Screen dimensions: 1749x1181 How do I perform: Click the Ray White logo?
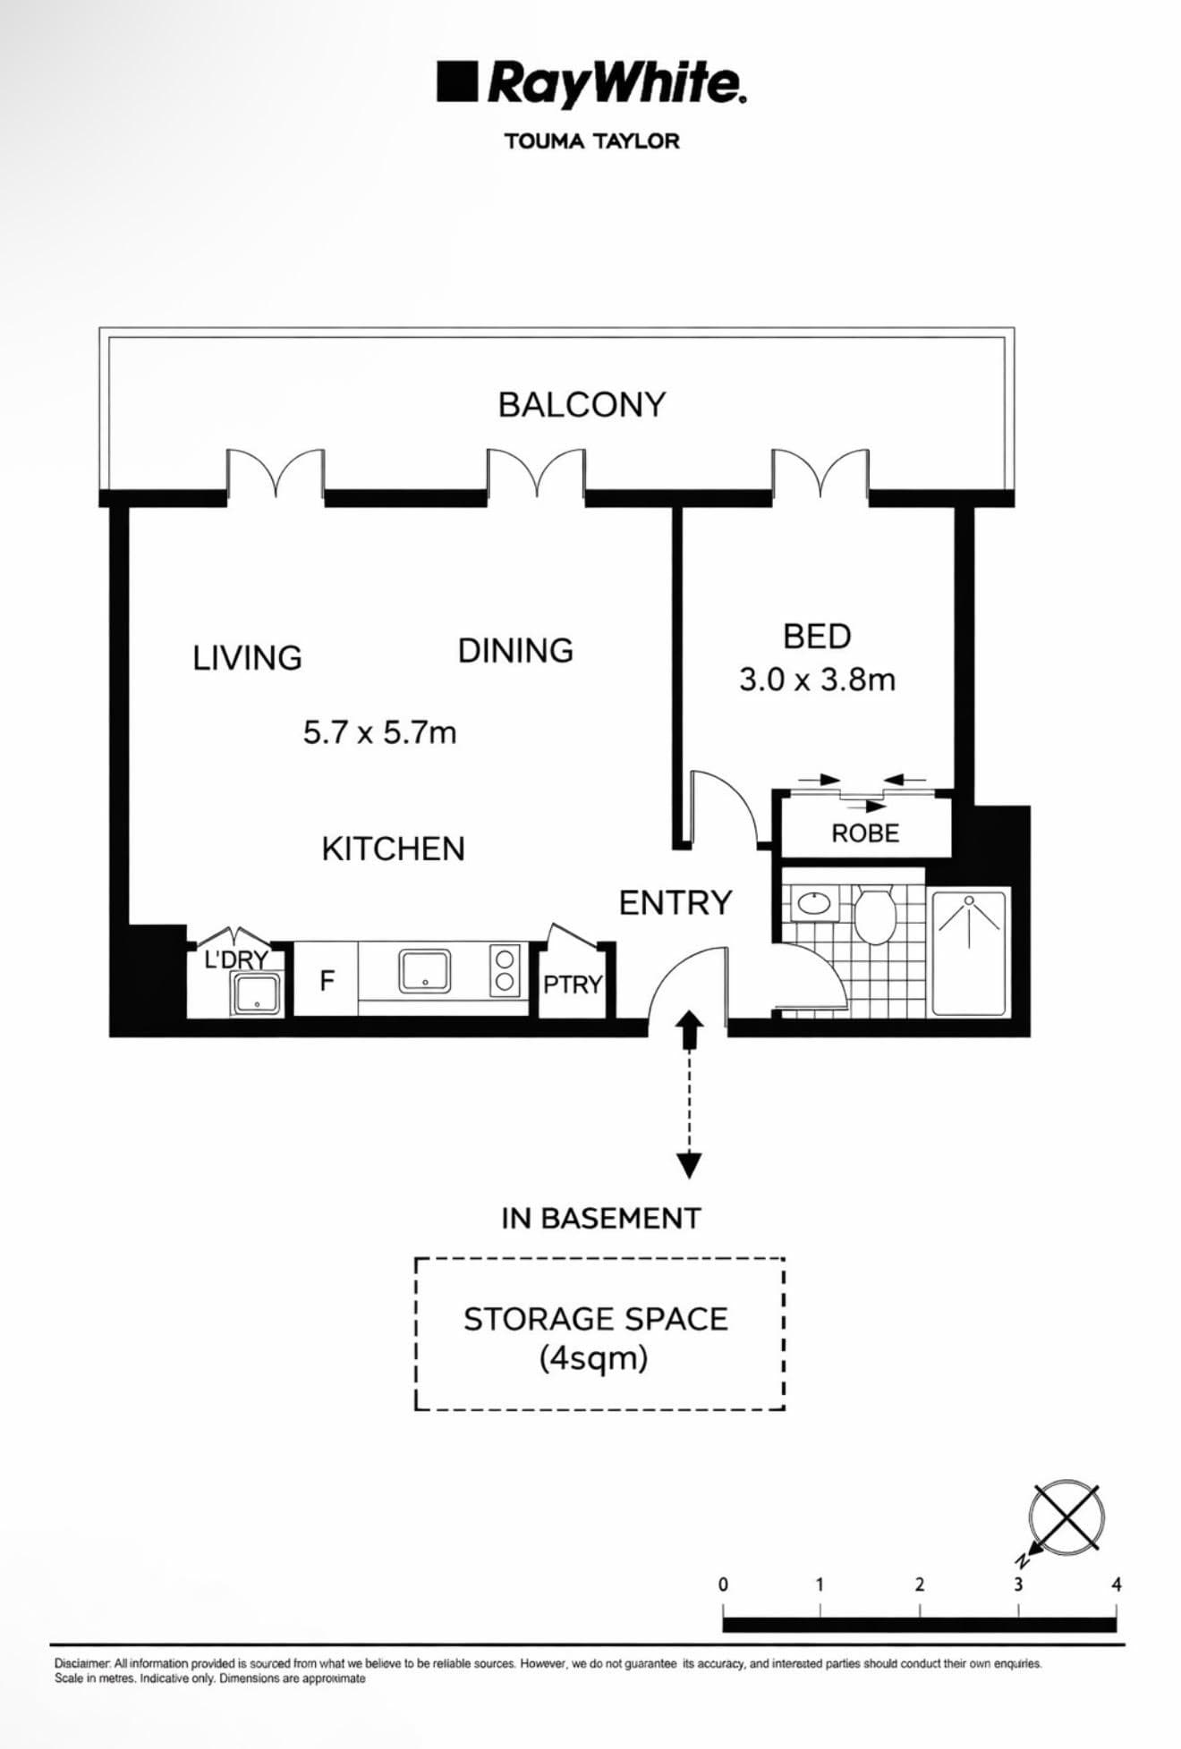click(591, 84)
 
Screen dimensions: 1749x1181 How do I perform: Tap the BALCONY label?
click(582, 405)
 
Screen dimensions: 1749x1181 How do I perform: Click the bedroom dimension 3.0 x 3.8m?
click(817, 680)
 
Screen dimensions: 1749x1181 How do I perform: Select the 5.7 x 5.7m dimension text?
click(379, 733)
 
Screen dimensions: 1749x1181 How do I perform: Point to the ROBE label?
click(865, 833)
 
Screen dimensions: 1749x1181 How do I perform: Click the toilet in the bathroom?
click(874, 914)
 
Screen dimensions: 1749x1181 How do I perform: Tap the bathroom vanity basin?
click(813, 902)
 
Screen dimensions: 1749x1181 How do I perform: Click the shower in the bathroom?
click(969, 951)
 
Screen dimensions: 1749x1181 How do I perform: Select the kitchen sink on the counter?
click(424, 970)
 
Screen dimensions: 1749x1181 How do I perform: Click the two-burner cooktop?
click(505, 970)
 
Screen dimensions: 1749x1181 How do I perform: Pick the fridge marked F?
click(327, 981)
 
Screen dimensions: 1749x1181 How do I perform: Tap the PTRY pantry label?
click(573, 984)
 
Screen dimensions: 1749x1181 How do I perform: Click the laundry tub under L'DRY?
click(257, 993)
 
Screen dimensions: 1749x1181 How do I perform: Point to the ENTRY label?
click(675, 903)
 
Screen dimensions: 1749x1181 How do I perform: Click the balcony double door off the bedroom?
click(820, 473)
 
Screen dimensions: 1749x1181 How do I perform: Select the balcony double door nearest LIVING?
click(275, 473)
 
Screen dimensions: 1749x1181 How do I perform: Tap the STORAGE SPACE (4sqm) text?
click(596, 1338)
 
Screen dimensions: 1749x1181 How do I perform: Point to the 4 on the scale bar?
click(1116, 1584)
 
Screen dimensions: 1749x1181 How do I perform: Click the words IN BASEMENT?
click(600, 1218)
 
